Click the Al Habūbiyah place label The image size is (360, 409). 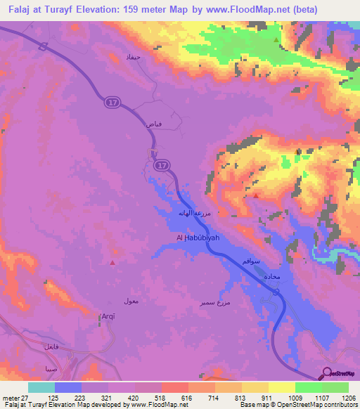[x=198, y=239]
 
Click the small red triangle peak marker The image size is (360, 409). [x=114, y=263]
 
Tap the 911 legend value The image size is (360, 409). [x=266, y=398]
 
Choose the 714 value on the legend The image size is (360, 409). [x=212, y=398]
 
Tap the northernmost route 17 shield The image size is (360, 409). [x=112, y=103]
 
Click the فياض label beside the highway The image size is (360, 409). [x=153, y=124]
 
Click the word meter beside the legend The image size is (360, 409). [x=10, y=398]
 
